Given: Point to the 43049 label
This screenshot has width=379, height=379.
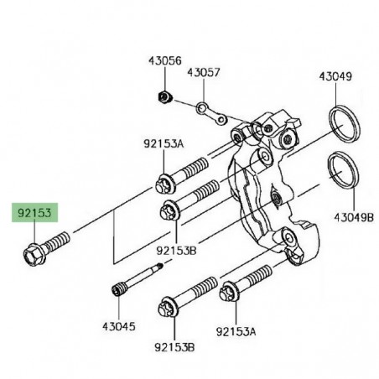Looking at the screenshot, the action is pyautogui.click(x=335, y=76).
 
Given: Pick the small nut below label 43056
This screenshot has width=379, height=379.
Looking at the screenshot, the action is pyautogui.click(x=164, y=97).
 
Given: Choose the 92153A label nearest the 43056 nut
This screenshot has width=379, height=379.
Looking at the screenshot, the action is pyautogui.click(x=163, y=144).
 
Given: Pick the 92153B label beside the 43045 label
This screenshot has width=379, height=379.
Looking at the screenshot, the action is pyautogui.click(x=174, y=346).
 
